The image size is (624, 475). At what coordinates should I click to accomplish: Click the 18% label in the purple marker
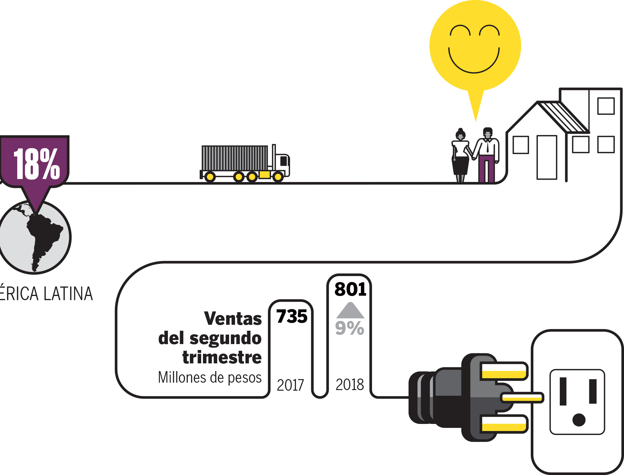point(37,164)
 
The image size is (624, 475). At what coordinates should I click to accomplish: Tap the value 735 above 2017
point(292,316)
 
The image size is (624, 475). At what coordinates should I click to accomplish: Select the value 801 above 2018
point(350,289)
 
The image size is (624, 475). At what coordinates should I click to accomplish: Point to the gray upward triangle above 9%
point(350,311)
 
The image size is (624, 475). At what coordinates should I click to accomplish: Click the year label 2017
point(290,385)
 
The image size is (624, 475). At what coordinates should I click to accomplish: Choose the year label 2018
point(350,384)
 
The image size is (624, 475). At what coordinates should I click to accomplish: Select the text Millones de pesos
point(210,378)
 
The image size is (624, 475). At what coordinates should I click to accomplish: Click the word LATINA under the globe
point(68,294)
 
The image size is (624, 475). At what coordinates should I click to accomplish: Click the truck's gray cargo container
point(234,158)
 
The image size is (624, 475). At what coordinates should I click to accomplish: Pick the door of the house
point(547,157)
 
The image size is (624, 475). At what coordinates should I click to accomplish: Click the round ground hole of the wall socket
point(579,420)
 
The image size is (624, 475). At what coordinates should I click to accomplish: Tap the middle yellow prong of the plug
point(522,398)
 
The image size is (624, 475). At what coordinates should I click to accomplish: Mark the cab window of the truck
point(284,161)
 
